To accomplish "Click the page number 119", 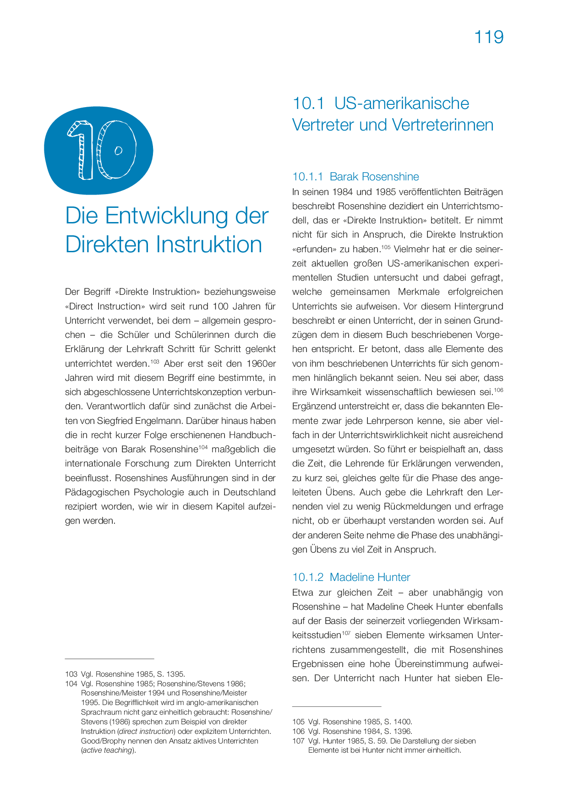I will [x=489, y=37].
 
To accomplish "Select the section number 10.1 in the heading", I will [x=308, y=103].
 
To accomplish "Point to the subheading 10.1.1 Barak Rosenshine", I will [x=355, y=177].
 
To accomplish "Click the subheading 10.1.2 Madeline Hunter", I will [x=351, y=577].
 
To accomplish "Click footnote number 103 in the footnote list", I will [x=71, y=674].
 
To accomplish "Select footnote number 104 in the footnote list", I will [x=71, y=684].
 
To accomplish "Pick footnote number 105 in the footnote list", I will [x=298, y=722].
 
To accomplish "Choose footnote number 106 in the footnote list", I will [x=298, y=732].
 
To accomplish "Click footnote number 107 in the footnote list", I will [x=298, y=741].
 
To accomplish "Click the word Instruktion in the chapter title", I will [x=209, y=244].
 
